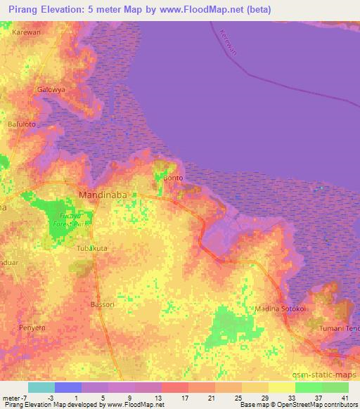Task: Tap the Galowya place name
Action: pyautogui.click(x=51, y=90)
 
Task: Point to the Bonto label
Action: pyautogui.click(x=173, y=178)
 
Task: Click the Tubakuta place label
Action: pyautogui.click(x=93, y=248)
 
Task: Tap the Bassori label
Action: pyautogui.click(x=102, y=304)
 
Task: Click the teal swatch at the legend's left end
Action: pyautogui.click(x=41, y=387)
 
